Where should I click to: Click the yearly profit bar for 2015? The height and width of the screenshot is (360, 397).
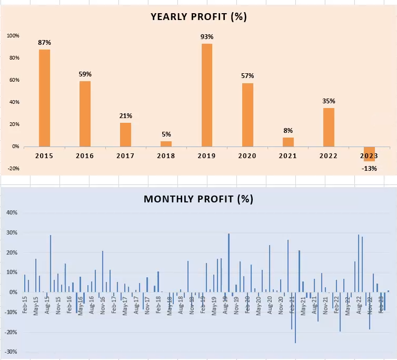pos(44,98)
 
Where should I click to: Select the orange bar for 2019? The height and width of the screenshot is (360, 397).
pos(207,95)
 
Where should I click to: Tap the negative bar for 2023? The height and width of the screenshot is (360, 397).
pos(369,153)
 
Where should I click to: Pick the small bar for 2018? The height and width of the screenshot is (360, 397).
pos(166,143)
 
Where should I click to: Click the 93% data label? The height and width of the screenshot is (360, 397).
pos(207,37)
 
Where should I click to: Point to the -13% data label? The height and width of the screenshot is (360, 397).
pos(369,169)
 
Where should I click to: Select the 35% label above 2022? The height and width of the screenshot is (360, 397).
pos(329,101)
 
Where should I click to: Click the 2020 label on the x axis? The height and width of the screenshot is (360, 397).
pos(247,155)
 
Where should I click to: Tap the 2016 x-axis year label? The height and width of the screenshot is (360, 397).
pos(85,155)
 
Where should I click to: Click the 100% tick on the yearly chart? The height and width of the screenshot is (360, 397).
pos(13,36)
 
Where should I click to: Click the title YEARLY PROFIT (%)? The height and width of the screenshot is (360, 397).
pos(198,17)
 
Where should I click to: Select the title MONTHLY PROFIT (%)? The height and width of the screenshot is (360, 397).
pos(198,199)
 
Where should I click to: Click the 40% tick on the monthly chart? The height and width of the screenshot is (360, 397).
pos(12,212)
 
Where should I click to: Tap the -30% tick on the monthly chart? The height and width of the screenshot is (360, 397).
pos(12,352)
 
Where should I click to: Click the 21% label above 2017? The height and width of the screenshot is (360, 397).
pos(125,116)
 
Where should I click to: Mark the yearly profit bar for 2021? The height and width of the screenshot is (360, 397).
pos(288,142)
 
